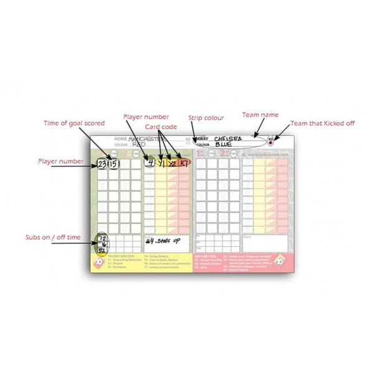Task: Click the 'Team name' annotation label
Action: (261, 115)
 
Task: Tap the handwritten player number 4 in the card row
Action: (149, 163)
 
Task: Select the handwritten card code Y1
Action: (161, 163)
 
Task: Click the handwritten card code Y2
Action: (172, 163)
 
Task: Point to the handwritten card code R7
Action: (184, 163)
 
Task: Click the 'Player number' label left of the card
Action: (60, 161)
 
